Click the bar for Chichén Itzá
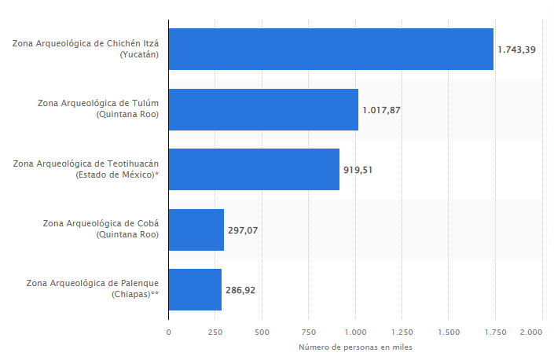(x=331, y=49)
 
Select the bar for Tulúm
(x=263, y=109)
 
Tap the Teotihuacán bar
(x=254, y=169)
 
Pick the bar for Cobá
(x=196, y=230)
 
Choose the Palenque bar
(x=195, y=289)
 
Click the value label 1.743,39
(x=517, y=50)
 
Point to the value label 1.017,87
(x=382, y=110)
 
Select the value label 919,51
(x=358, y=169)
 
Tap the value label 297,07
(x=244, y=230)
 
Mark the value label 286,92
(x=241, y=290)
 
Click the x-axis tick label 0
(x=168, y=332)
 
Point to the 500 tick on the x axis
(x=262, y=332)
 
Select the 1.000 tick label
(x=355, y=332)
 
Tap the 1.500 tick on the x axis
(x=449, y=332)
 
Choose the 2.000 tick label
(x=531, y=332)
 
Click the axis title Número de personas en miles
(x=355, y=347)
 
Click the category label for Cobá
(x=101, y=229)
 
